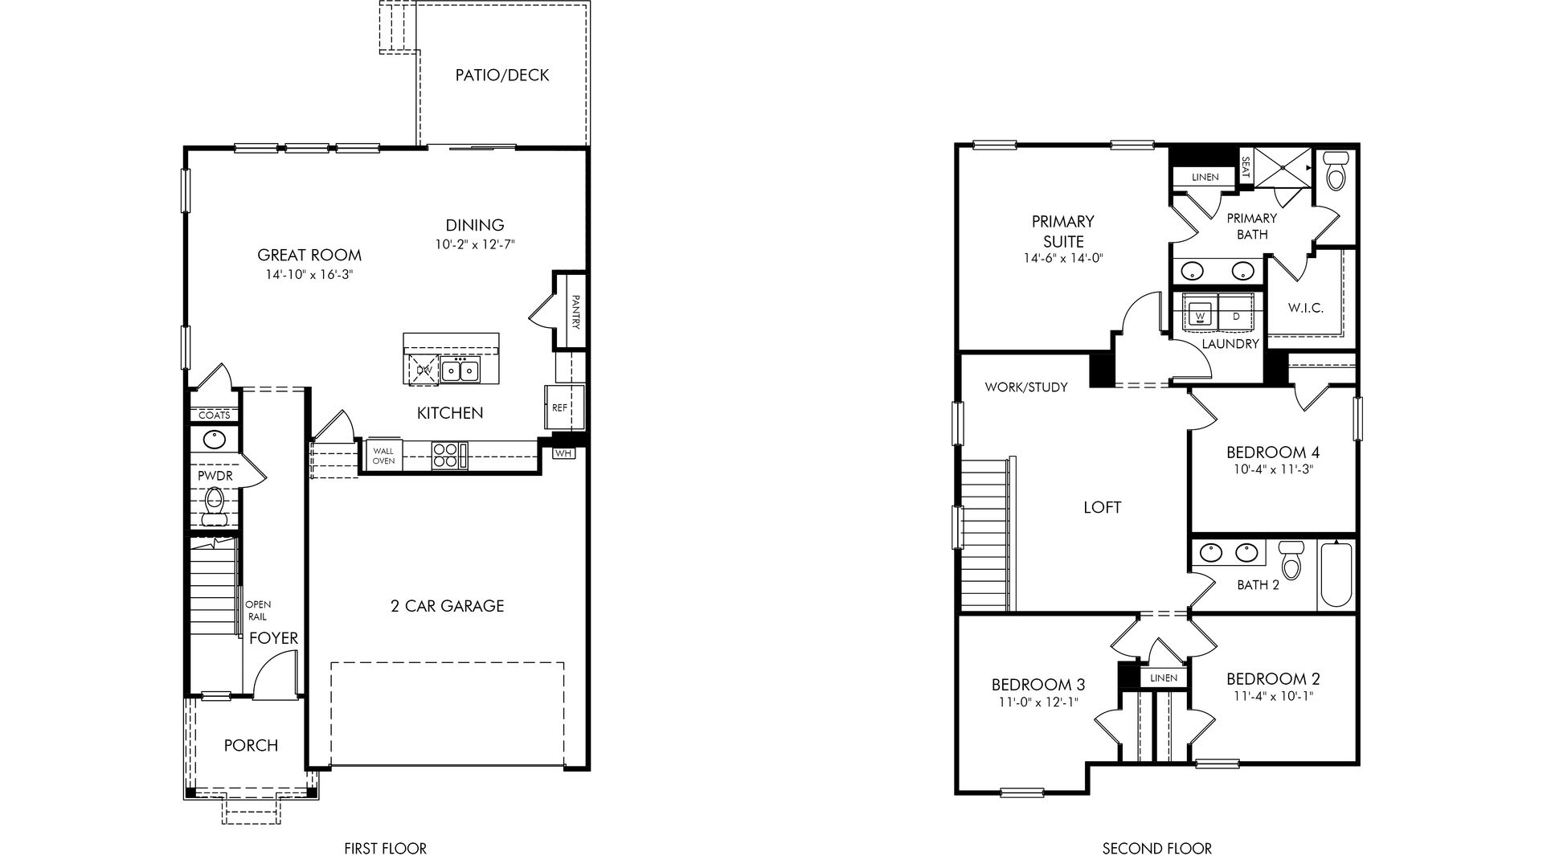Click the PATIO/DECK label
click(x=502, y=76)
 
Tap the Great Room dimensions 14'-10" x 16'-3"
click(x=309, y=274)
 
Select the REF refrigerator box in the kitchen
click(x=559, y=407)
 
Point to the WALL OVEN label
click(x=383, y=457)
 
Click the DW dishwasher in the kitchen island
click(x=424, y=371)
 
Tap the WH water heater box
click(x=563, y=453)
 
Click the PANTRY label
click(x=576, y=311)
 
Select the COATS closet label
click(x=214, y=416)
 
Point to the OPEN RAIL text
click(x=258, y=610)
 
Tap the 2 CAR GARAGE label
click(x=448, y=606)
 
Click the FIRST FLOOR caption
click(x=385, y=848)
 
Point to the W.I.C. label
click(x=1306, y=308)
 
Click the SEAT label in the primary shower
click(x=1246, y=167)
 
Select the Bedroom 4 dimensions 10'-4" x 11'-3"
click(x=1272, y=469)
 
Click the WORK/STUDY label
click(x=1026, y=387)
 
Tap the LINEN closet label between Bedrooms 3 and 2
click(x=1163, y=678)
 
